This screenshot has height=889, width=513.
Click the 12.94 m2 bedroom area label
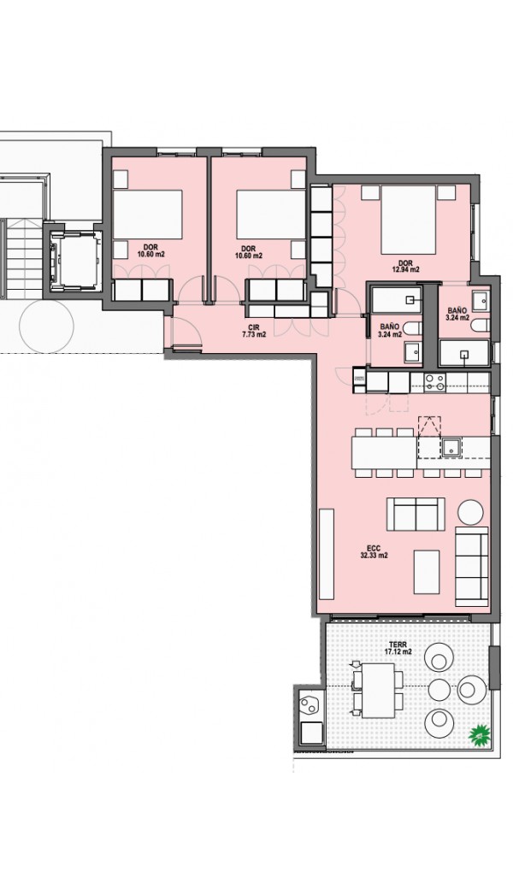point(405,269)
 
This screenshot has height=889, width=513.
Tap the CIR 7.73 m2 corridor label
point(253,331)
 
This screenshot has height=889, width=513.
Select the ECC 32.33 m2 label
point(374,551)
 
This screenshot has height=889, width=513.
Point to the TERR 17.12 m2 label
point(398,648)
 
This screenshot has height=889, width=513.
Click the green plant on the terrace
point(479,735)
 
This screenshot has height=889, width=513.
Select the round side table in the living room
point(470,512)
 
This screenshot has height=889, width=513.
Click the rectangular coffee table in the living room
point(427,572)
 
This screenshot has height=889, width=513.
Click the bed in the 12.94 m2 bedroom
point(408,220)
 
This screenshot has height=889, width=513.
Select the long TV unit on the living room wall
point(327,554)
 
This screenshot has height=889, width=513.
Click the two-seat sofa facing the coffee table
point(416,514)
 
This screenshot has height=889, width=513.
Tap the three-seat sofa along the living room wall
point(472,565)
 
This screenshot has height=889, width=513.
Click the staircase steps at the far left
point(23,258)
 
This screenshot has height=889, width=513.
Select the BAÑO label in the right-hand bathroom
point(457,310)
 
